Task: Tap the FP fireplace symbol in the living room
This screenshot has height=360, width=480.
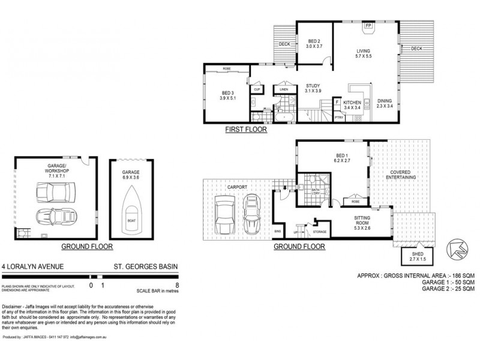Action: coord(367,26)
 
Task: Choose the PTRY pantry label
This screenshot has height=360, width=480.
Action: coord(338,117)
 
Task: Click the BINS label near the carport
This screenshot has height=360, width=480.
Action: coord(277,231)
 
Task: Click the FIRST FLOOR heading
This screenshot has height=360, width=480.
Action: coord(246,129)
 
